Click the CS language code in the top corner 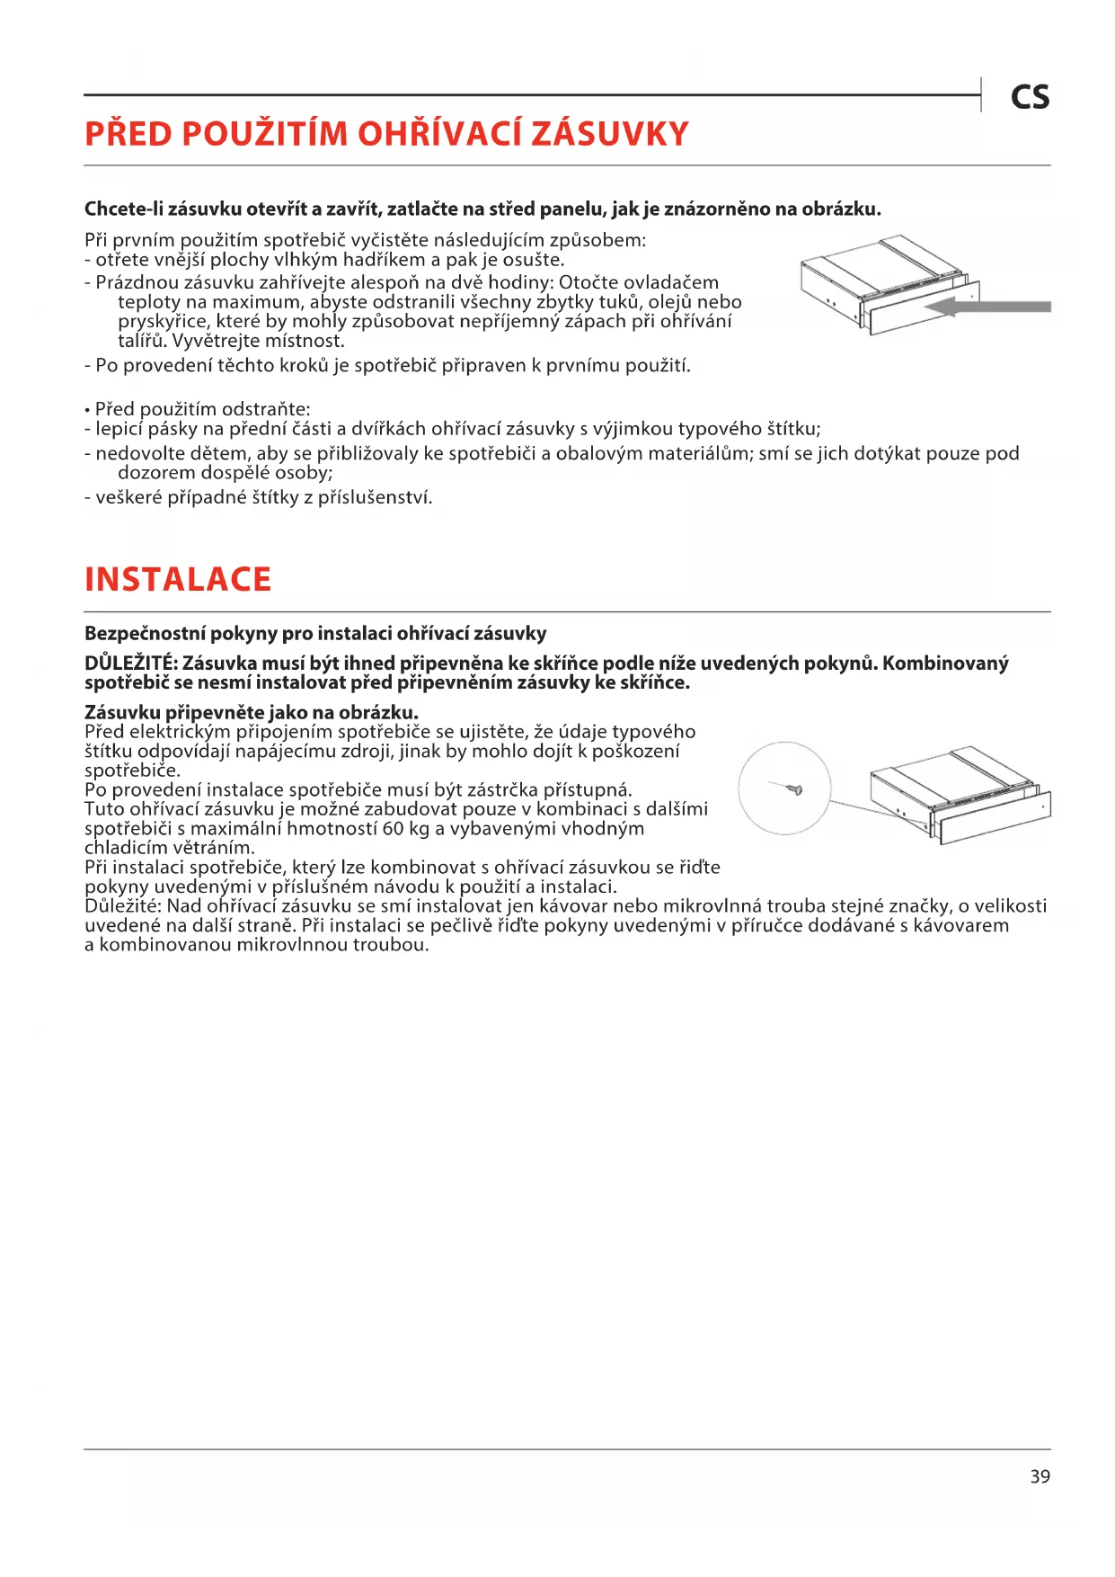point(1030,97)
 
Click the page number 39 point(1040,1476)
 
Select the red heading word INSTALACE point(178,580)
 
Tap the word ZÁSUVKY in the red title point(610,134)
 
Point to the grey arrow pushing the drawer point(988,307)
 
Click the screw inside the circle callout point(792,789)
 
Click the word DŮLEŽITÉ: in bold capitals point(130,664)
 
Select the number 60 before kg point(394,828)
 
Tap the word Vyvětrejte point(216,341)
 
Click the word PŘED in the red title point(128,134)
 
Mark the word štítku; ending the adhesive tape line point(793,429)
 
